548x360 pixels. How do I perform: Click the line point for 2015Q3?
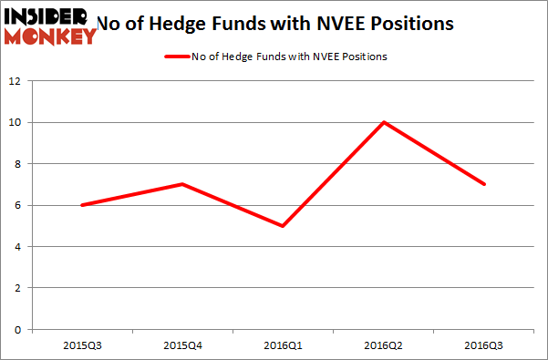82,205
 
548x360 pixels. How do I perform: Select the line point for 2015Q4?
183,184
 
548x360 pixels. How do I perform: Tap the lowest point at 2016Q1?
284,226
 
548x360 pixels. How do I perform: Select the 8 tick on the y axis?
18,164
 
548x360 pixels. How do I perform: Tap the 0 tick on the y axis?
18,330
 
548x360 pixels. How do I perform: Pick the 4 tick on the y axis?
18,247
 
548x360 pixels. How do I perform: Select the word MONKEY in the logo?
52,36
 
